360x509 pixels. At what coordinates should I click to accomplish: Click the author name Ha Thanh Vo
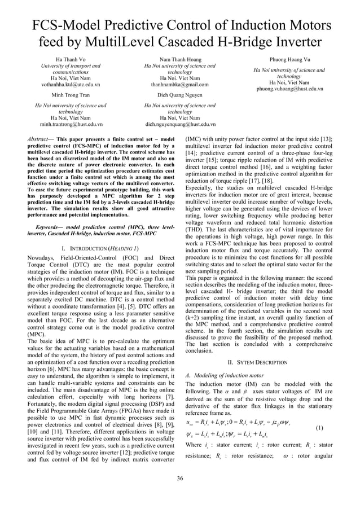pyautogui.click(x=71, y=59)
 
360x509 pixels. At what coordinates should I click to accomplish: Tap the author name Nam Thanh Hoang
pyautogui.click(x=180, y=59)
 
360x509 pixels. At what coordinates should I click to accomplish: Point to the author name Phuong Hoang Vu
pyautogui.click(x=289, y=59)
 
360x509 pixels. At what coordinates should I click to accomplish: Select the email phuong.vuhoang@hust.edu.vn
pyautogui.click(x=289, y=89)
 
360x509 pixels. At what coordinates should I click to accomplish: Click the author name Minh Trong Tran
pyautogui.click(x=71, y=95)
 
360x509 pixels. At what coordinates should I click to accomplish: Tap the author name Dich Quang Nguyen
pyautogui.click(x=180, y=95)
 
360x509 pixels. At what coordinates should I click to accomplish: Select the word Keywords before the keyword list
pyautogui.click(x=47, y=227)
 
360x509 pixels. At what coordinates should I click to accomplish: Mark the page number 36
pyautogui.click(x=180, y=479)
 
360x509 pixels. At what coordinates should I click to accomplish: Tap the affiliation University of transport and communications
pyautogui.click(x=71, y=69)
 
